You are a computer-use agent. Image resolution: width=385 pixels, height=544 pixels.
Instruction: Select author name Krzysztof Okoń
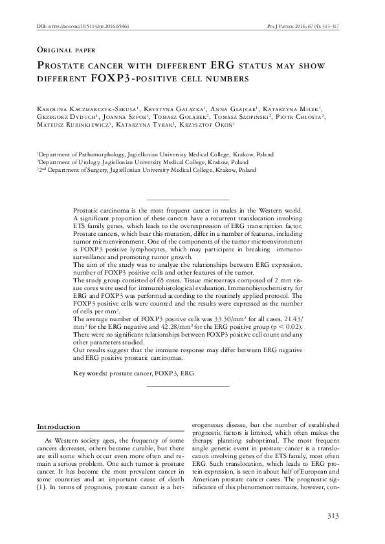point(206,127)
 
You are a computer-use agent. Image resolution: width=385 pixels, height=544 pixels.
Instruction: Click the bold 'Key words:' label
point(90,373)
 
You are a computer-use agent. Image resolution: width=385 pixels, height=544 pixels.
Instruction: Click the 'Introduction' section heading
point(58,427)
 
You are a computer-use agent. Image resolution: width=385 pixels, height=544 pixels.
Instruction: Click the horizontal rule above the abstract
point(188,200)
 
